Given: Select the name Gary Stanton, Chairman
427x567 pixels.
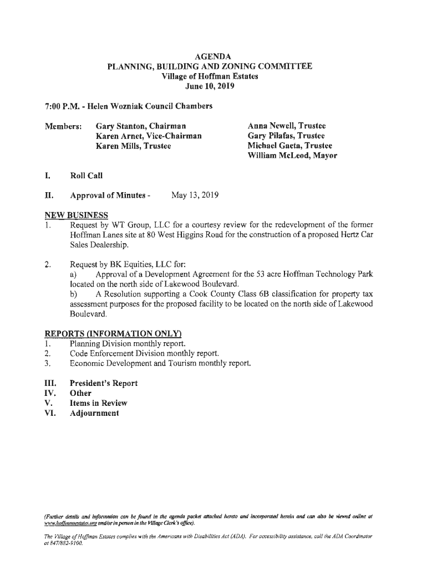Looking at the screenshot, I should (141, 126).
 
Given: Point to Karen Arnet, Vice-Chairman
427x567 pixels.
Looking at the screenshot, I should (149, 136).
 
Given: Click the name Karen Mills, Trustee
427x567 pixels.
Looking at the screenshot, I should (133, 146).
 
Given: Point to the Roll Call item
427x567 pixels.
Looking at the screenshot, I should (86, 176).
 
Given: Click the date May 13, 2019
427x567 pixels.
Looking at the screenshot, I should (195, 195).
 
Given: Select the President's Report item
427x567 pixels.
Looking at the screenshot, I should (103, 384).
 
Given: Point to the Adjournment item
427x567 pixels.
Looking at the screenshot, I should (94, 414).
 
